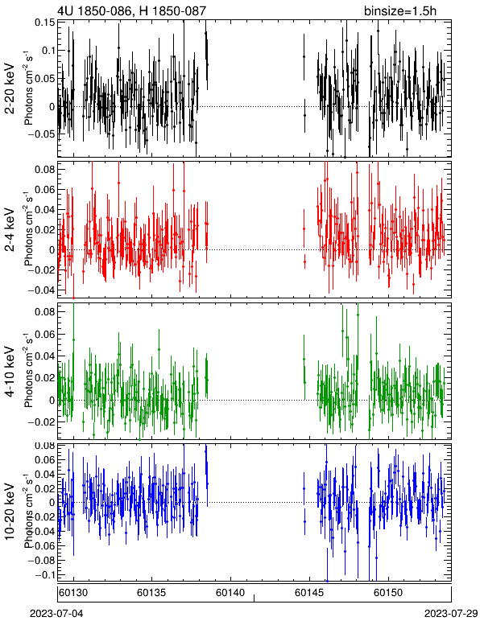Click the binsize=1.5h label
click(x=400, y=10)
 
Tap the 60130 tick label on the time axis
click(x=73, y=593)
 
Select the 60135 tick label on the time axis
click(x=151, y=593)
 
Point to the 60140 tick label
click(x=230, y=593)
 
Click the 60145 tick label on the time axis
click(x=309, y=593)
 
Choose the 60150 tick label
click(x=388, y=593)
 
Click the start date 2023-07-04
click(x=56, y=614)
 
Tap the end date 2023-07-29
click(x=451, y=614)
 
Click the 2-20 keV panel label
click(x=10, y=89)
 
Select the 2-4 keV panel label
click(x=10, y=230)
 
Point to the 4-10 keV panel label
click(x=10, y=372)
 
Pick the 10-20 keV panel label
click(x=10, y=512)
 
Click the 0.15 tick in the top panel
click(x=46, y=23)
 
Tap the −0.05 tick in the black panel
click(x=41, y=134)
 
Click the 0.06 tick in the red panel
click(x=46, y=190)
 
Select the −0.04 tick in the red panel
click(x=41, y=290)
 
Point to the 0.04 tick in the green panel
click(x=46, y=356)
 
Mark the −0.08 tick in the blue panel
click(x=41, y=561)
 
